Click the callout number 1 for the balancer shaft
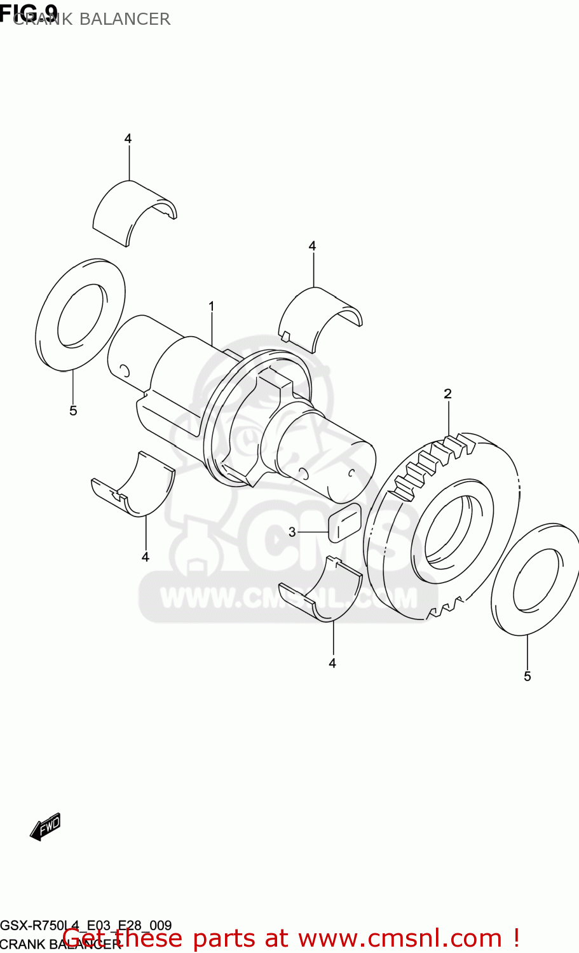point(211,307)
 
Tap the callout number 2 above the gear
point(447,394)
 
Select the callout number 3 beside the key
point(292,532)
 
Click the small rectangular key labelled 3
point(344,524)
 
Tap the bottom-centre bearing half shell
point(321,591)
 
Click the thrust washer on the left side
point(80,314)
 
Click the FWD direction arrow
point(46,826)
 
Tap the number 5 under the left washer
point(73,411)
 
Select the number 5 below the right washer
point(527,677)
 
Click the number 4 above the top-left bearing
point(128,139)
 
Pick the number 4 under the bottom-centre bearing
point(332,663)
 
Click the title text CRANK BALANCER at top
point(92,19)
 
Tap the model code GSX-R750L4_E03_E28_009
point(86,925)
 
